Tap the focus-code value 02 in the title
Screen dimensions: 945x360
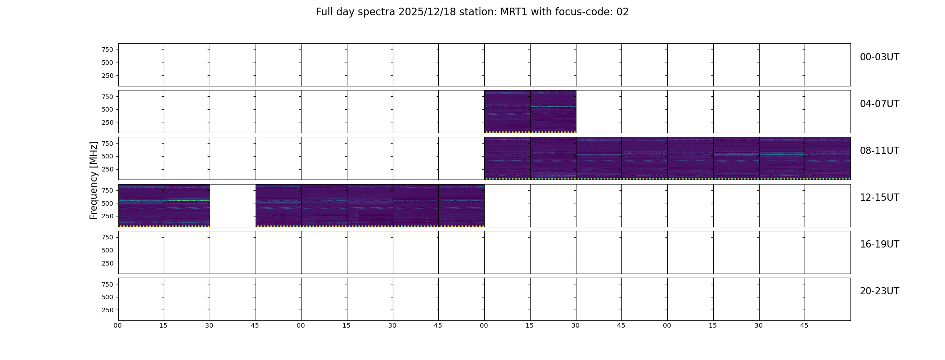click(623, 12)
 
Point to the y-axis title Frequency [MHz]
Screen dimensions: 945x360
click(94, 180)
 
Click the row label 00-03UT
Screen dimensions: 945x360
click(879, 57)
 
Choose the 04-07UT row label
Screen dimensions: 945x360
click(879, 104)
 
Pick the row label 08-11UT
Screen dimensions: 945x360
click(879, 151)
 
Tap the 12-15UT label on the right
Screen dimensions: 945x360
click(879, 198)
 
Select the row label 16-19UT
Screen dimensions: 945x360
click(879, 244)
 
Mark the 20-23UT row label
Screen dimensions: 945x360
click(879, 291)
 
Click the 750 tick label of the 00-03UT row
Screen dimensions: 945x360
click(108, 49)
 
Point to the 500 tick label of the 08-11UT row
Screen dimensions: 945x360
click(108, 157)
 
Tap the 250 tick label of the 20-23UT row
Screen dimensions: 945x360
click(108, 310)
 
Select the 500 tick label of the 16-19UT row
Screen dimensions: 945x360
click(108, 250)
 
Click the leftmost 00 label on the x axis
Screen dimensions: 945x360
click(118, 326)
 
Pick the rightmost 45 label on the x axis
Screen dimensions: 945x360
click(804, 326)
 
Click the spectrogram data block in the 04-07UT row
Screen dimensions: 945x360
click(530, 112)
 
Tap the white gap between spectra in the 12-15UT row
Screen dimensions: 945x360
click(233, 205)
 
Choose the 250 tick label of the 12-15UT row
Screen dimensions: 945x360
click(108, 216)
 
